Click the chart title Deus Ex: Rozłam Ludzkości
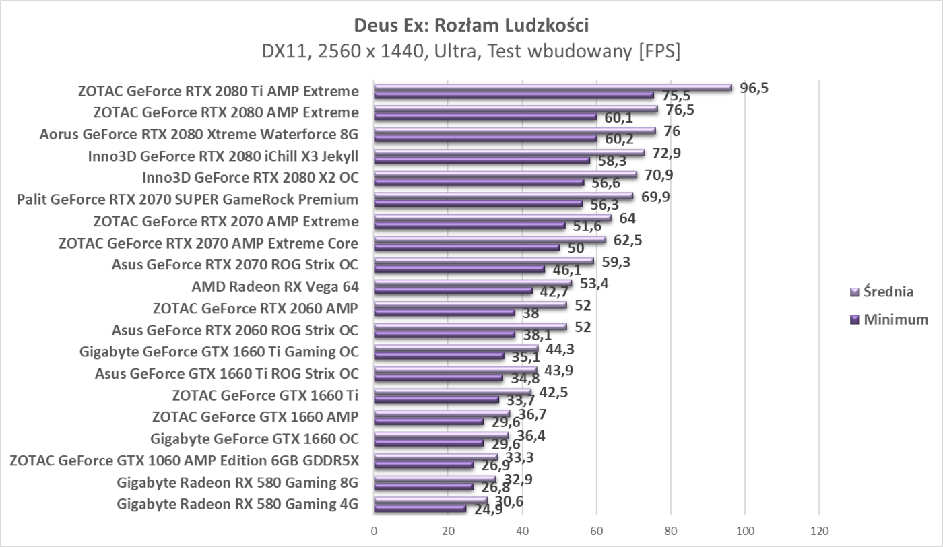coord(471,26)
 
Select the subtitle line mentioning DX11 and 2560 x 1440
coord(471,51)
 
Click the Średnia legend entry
coord(888,292)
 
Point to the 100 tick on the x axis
coord(744,530)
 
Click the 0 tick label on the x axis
coord(374,530)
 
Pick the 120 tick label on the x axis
coord(818,530)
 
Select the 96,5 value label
coord(754,88)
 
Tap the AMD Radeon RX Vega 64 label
coord(275,287)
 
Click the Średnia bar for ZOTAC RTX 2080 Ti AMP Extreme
coord(552,87)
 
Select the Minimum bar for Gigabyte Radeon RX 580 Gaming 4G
coord(420,509)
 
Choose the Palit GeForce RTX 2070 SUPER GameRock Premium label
coord(187,199)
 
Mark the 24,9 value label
coord(488,510)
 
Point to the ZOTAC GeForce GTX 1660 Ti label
coord(265,395)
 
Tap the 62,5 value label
coord(628,240)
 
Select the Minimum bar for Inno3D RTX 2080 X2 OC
coord(478,182)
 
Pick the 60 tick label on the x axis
coord(596,530)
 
